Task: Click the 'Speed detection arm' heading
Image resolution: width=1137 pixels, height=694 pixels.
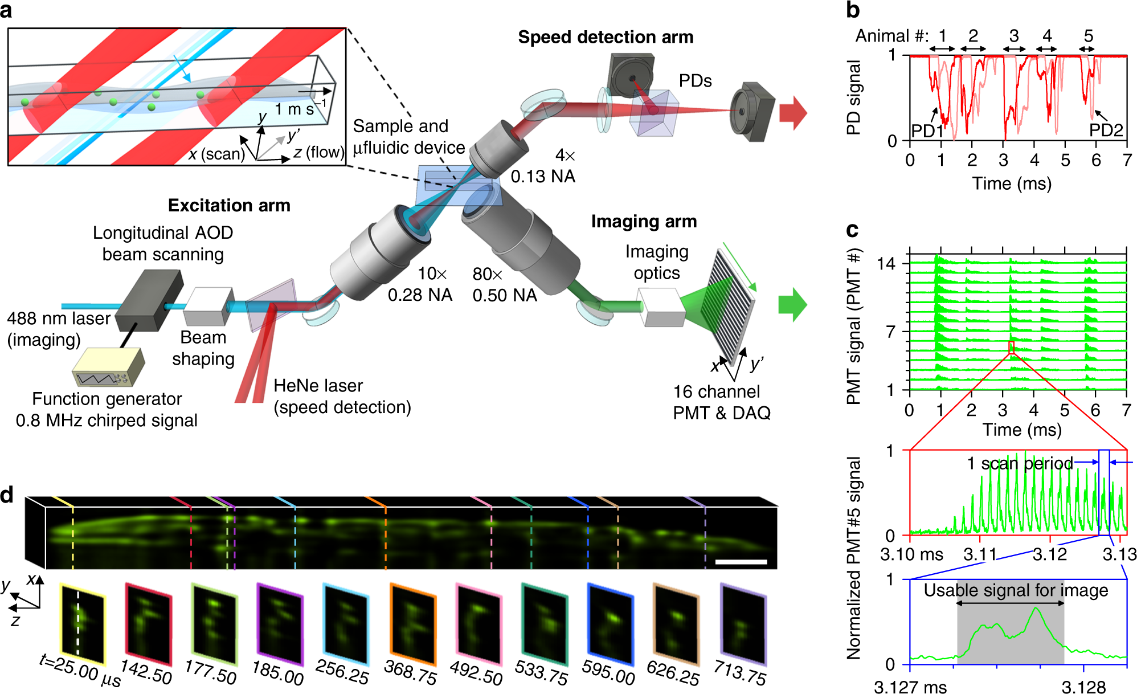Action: (606, 38)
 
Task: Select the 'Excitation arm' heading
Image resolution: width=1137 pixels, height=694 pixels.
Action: (229, 206)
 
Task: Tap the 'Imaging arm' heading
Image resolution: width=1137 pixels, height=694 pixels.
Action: (644, 222)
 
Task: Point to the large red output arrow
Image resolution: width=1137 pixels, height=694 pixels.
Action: (793, 113)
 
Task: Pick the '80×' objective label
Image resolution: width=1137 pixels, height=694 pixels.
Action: (488, 275)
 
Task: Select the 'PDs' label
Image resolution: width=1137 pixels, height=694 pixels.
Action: (695, 81)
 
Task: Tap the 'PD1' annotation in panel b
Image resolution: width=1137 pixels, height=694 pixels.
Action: (927, 131)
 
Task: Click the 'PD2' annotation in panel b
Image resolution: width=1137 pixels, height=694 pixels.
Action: (1106, 130)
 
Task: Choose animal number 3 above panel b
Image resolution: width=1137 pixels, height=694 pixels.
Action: (1014, 36)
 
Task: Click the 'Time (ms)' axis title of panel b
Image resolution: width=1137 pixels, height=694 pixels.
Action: (1012, 183)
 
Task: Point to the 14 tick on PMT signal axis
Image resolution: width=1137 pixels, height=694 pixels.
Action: (886, 264)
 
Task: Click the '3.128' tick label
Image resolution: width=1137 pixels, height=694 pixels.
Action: (1083, 687)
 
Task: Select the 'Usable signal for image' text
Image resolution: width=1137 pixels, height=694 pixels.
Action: (1016, 590)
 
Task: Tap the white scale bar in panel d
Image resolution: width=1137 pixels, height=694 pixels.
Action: (741, 562)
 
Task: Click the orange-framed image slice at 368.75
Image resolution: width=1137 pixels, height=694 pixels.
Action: (412, 624)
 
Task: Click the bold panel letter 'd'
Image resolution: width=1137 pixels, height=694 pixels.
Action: (7, 495)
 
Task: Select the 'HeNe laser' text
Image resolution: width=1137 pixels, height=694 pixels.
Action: (318, 386)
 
